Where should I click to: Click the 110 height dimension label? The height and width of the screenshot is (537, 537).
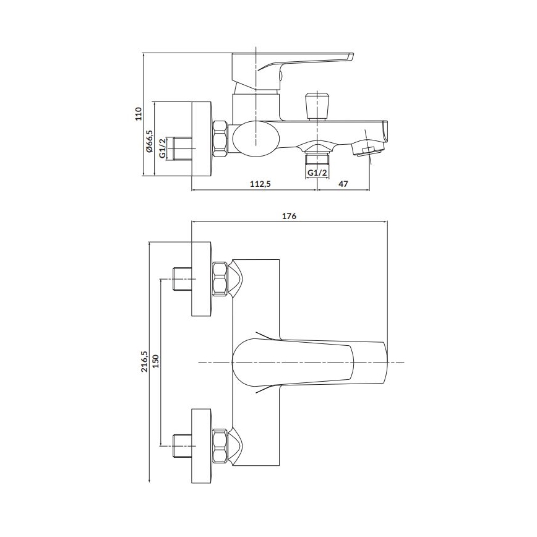point(139,113)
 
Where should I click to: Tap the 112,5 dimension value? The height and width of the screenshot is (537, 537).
point(260,184)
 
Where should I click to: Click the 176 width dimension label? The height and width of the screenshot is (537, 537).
point(289,216)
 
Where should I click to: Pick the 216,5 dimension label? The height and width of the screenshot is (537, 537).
point(145,362)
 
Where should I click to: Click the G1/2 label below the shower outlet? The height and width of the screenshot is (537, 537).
point(317,173)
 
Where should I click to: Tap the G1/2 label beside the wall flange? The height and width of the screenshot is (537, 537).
point(163,148)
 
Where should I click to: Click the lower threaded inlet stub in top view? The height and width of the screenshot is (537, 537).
point(182,445)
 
